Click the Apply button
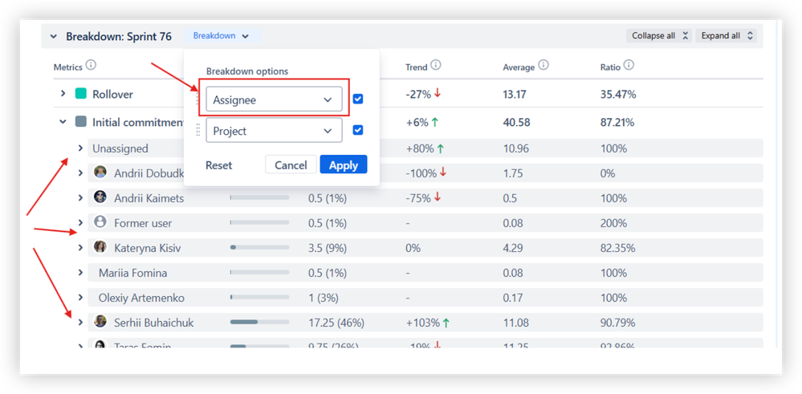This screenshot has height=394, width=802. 343,165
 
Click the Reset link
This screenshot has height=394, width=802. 218,165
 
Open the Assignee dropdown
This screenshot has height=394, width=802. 274,100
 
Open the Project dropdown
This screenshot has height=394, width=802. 274,131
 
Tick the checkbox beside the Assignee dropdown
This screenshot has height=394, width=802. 358,100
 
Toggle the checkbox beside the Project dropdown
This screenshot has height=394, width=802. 358,130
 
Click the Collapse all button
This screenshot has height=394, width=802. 659,36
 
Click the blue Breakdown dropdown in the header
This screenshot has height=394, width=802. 221,36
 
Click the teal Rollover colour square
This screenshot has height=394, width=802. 80,94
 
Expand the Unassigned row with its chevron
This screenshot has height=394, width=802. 80,148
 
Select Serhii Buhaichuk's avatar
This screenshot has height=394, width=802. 100,322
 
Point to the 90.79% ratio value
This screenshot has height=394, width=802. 617,323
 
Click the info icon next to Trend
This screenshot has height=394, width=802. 435,66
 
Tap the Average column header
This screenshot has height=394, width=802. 518,67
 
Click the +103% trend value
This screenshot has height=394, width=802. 422,323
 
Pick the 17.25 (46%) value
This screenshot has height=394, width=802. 336,323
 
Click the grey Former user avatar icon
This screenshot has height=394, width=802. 100,222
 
